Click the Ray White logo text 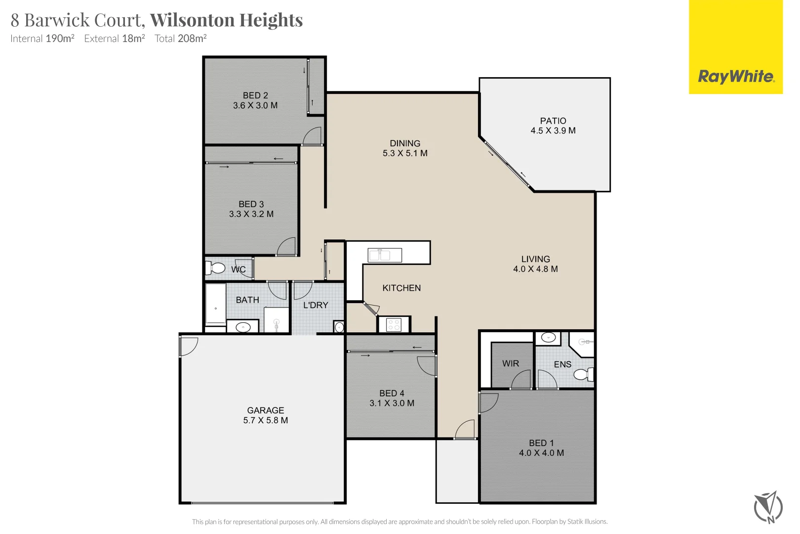pyautogui.click(x=736, y=77)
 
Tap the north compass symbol pyautogui.click(x=768, y=507)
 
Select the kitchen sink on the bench pyautogui.click(x=385, y=255)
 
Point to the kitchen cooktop pyautogui.click(x=394, y=325)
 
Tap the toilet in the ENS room pyautogui.click(x=583, y=375)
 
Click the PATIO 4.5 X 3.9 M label pyautogui.click(x=553, y=126)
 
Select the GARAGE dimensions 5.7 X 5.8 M pyautogui.click(x=266, y=421)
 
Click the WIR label pyautogui.click(x=511, y=364)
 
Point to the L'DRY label pyautogui.click(x=316, y=306)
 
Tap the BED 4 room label pyautogui.click(x=392, y=394)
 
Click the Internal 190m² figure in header pyautogui.click(x=42, y=39)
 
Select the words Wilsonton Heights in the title pyautogui.click(x=226, y=20)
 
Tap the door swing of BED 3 pyautogui.click(x=287, y=247)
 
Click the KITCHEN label pyautogui.click(x=401, y=288)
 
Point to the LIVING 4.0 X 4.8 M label pyautogui.click(x=535, y=264)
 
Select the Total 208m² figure pyautogui.click(x=180, y=39)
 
